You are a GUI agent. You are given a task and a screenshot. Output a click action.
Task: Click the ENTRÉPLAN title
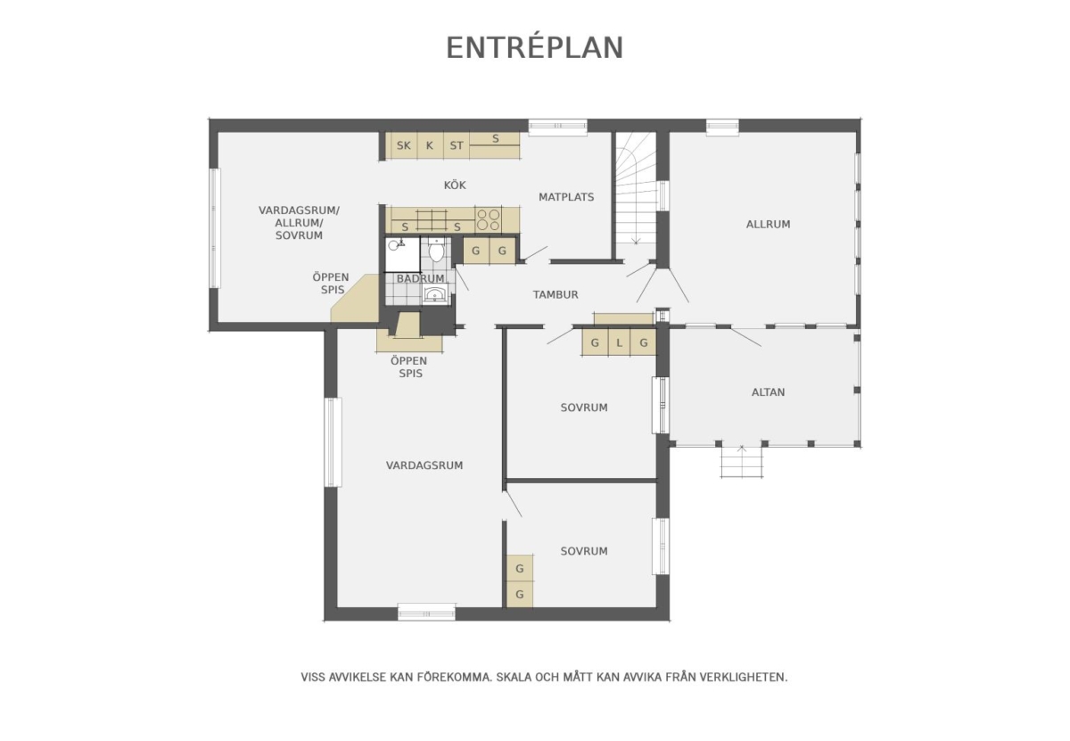534,47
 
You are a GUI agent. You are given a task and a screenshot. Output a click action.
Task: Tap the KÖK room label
455,185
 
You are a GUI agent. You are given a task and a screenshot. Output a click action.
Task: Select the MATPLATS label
566,197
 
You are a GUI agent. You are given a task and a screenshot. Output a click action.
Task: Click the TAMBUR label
556,295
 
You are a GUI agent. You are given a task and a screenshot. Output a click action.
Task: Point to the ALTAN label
768,392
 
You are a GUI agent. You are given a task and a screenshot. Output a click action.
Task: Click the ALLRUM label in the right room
768,224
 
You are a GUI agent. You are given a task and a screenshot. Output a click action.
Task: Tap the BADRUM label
420,278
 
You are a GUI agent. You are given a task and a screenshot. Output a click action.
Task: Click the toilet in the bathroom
436,250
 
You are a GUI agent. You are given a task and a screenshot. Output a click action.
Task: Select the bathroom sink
435,293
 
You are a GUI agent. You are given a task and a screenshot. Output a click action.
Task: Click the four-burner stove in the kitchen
489,219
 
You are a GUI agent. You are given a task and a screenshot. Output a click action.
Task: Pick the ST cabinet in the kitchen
457,145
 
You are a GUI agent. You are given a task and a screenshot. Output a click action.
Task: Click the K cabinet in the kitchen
430,145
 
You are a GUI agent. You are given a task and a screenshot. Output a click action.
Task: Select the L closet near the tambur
619,342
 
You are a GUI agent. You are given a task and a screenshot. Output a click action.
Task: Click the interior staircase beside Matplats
636,188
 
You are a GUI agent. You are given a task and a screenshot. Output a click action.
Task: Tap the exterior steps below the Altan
741,462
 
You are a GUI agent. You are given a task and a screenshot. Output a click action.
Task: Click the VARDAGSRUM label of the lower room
424,465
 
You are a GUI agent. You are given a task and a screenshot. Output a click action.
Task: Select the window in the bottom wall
426,613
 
